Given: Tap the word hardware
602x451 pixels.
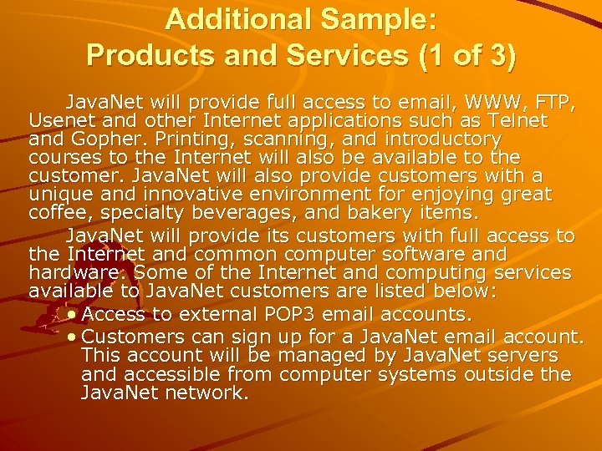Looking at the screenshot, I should pyautogui.click(x=67, y=272).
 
